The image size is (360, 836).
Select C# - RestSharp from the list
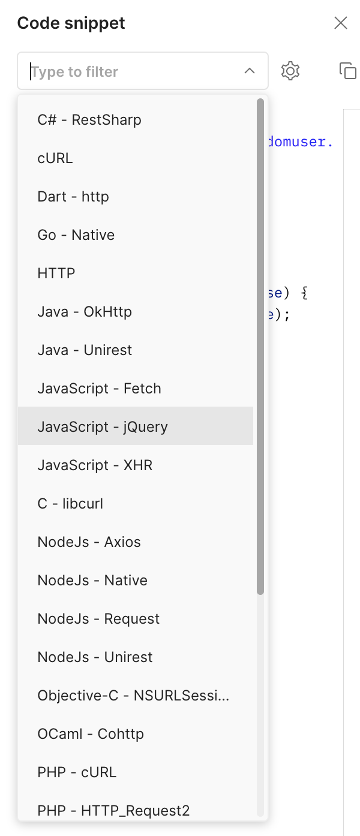coord(89,120)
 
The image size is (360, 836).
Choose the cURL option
coord(55,158)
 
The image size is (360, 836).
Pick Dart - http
coord(73,197)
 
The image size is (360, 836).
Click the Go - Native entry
coord(76,235)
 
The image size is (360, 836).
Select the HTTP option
coord(56,273)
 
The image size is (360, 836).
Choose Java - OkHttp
coord(85,312)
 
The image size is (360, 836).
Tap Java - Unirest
coord(85,350)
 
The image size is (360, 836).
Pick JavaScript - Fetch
coord(100,389)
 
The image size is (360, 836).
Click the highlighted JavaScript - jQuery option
coord(103,427)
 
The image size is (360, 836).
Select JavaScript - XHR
coord(95,465)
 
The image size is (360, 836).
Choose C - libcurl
coord(70,504)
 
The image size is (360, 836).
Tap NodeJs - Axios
coord(89,542)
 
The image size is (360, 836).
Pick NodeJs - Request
coord(99,619)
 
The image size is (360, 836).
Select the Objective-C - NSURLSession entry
coord(133,696)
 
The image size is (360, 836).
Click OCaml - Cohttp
coord(91,734)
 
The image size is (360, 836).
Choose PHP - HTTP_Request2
coord(113,811)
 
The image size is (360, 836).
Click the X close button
coord(341,23)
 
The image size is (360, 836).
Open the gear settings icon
coord(290,71)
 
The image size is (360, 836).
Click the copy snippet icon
coord(348,71)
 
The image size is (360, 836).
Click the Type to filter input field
coord(132,71)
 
